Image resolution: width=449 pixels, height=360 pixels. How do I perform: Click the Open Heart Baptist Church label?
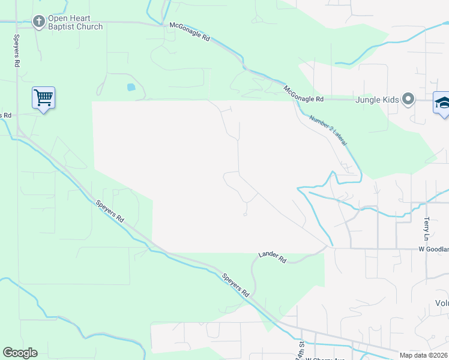[x=76, y=22]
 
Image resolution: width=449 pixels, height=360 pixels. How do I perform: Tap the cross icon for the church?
[x=39, y=22]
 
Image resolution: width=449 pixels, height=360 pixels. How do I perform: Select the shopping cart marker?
[x=43, y=97]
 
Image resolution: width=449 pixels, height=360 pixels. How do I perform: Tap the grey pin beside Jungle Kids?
[x=408, y=99]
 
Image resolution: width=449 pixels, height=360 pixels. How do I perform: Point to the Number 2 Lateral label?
[x=328, y=129]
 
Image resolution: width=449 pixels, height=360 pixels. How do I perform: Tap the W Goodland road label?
[x=433, y=249]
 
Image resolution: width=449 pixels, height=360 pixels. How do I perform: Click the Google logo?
[x=20, y=353]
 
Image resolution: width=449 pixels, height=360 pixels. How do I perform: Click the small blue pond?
[x=131, y=87]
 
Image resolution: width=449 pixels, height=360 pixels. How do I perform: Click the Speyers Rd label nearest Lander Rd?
[x=236, y=284]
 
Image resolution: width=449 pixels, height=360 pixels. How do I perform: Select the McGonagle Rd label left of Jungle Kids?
[x=304, y=94]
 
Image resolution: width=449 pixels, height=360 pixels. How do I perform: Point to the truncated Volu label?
[x=441, y=304]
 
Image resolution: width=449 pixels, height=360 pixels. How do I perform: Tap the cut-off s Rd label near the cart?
[x=6, y=115]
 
